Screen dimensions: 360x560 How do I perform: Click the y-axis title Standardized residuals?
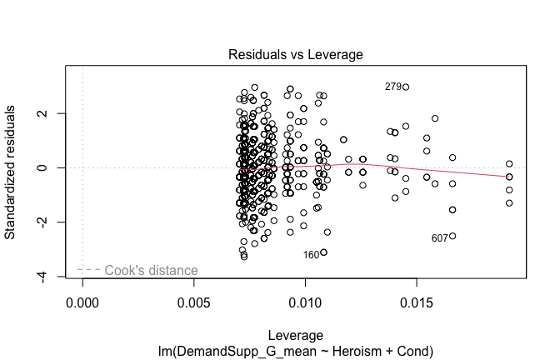pos(11,172)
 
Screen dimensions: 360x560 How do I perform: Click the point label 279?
pos(392,87)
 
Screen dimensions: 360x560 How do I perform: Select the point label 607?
pos(440,238)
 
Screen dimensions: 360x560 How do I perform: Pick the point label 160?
pos(311,255)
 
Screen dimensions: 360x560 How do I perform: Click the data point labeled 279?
pos(406,87)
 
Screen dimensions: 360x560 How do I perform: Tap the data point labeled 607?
pos(452,236)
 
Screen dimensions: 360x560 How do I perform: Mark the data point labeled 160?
pos(323,252)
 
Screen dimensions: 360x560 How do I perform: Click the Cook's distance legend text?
pos(151,270)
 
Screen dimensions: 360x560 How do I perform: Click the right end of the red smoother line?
pos(509,177)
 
